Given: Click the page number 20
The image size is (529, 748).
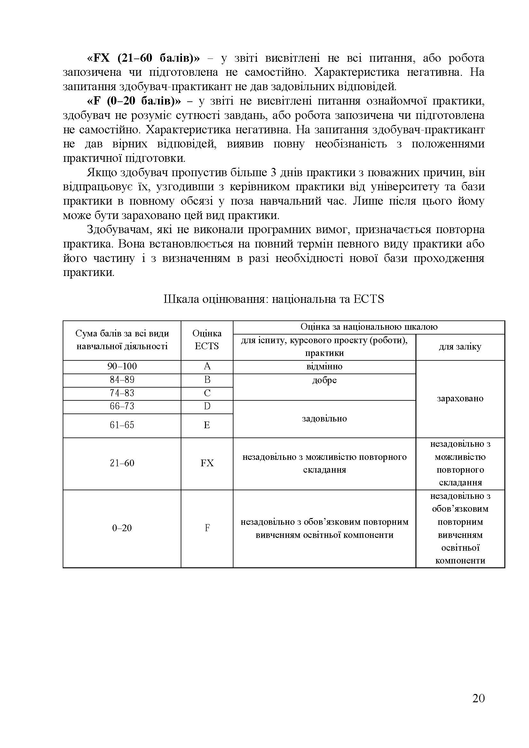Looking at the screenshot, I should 478,698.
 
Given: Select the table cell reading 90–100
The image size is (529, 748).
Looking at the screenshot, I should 122,366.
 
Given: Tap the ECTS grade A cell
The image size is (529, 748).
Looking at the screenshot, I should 207,366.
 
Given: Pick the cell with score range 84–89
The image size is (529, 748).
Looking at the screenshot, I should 122,380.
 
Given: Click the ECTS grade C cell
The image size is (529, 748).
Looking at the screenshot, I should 207,393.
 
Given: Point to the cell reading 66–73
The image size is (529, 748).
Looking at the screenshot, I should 122,406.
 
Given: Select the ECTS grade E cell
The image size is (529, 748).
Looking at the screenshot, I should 207,425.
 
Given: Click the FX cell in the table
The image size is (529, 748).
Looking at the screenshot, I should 207,463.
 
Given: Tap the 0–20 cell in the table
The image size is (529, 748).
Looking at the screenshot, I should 122,528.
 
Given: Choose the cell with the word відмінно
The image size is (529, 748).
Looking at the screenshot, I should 324,366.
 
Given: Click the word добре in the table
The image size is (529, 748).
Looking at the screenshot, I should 324,380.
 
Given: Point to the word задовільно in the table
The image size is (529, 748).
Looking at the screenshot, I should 324,419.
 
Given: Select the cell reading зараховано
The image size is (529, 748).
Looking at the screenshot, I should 460,398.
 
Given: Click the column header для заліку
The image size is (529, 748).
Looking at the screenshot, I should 460,347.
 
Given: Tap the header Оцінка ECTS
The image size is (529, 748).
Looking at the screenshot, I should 207,340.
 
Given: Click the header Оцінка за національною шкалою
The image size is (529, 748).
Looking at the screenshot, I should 369,327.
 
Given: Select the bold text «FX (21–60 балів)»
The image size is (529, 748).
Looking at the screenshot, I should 143,58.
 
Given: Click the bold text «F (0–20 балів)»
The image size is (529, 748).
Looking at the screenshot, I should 134,101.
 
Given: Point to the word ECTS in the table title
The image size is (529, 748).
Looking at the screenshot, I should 368,299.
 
